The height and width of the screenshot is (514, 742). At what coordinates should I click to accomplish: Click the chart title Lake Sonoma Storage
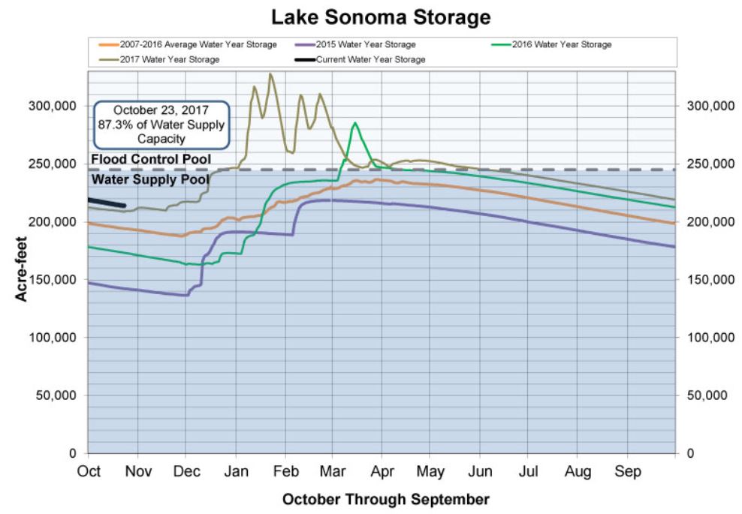pyautogui.click(x=370, y=17)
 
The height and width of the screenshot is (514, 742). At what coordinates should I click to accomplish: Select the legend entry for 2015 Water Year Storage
pyautogui.click(x=366, y=45)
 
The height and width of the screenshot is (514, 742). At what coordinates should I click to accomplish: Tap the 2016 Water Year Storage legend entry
pyautogui.click(x=562, y=45)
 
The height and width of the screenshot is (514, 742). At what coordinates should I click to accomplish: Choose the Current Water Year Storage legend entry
pyautogui.click(x=370, y=59)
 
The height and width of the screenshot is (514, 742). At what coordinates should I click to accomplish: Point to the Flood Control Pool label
pyautogui.click(x=151, y=159)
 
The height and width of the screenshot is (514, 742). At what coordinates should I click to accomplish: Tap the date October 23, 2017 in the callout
pyautogui.click(x=160, y=110)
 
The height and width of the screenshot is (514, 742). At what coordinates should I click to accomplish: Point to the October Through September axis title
pyautogui.click(x=386, y=499)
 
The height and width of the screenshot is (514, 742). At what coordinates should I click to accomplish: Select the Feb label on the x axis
pyautogui.click(x=285, y=472)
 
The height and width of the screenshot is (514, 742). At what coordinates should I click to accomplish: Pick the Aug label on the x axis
pyautogui.click(x=578, y=472)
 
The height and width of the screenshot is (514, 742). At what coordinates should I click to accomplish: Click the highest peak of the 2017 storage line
pyautogui.click(x=270, y=74)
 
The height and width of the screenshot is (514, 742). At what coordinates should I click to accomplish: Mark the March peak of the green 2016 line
pyautogui.click(x=354, y=123)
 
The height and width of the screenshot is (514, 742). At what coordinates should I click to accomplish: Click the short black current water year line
pyautogui.click(x=107, y=203)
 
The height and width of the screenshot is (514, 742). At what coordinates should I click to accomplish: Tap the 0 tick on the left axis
pyautogui.click(x=73, y=453)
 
